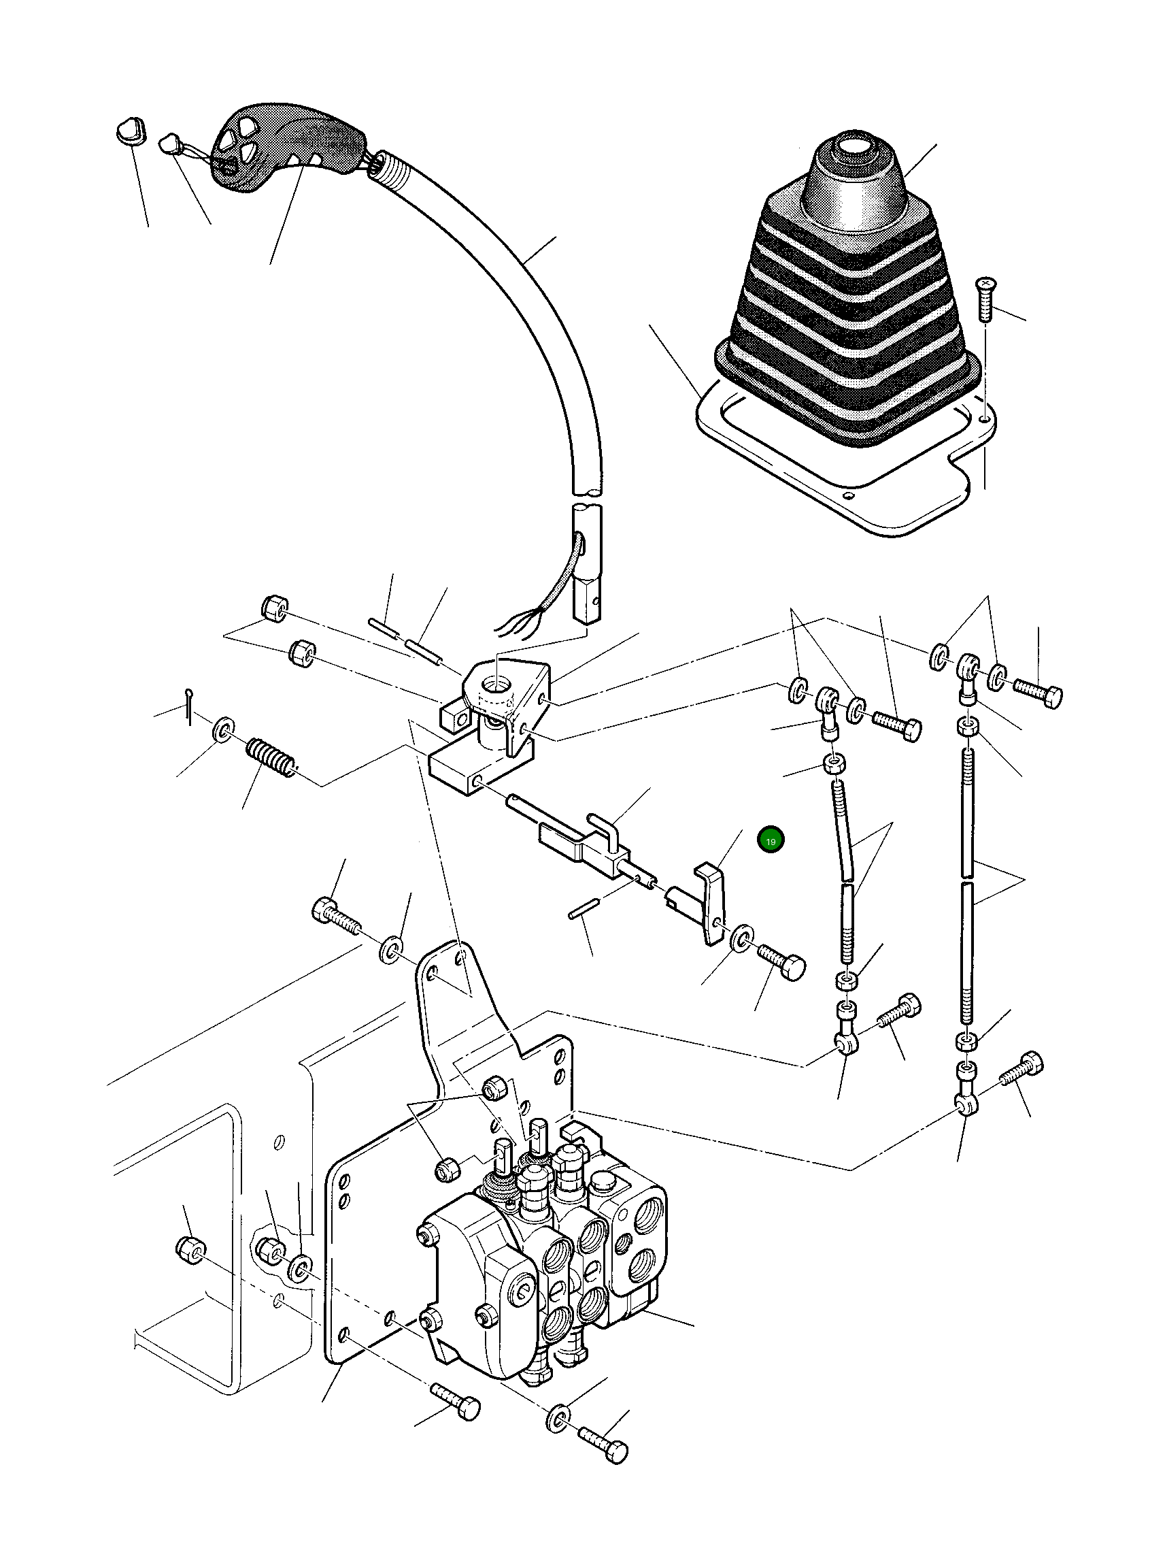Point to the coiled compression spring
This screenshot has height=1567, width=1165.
pyautogui.click(x=271, y=758)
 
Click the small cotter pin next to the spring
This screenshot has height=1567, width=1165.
pyautogui.click(x=190, y=706)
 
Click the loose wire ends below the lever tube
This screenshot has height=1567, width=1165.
pyautogui.click(x=522, y=621)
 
